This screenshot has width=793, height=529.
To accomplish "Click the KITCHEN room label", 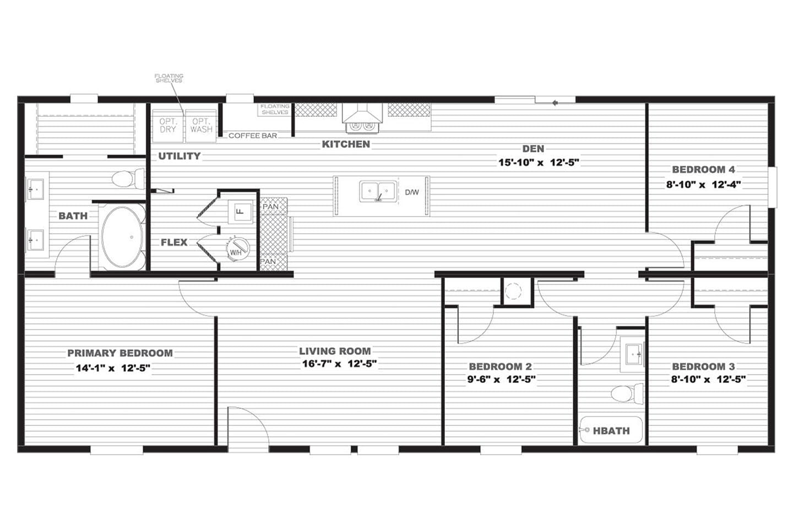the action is [x=346, y=144].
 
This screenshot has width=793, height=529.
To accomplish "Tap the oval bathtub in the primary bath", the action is [x=122, y=237].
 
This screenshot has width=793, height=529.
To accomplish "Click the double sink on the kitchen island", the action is [x=378, y=191].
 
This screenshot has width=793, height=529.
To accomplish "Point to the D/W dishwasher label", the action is [x=412, y=192].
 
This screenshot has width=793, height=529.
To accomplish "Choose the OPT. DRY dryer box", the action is [x=168, y=126].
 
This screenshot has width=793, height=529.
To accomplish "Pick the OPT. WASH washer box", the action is [x=201, y=126].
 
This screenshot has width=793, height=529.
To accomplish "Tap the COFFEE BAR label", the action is [x=253, y=136].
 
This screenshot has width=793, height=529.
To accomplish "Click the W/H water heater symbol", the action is [x=238, y=248].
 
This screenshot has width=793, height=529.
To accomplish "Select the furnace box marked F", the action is [x=240, y=212].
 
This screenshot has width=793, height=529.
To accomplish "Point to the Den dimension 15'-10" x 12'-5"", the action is [x=539, y=163].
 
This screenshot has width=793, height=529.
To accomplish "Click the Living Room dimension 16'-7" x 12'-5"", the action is [x=339, y=364].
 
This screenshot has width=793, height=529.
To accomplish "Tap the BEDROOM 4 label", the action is [x=703, y=170].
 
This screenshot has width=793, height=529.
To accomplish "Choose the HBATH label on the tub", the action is [x=611, y=431].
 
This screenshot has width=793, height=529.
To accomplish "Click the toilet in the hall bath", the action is [x=627, y=393].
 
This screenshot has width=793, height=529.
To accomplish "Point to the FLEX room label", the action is [x=174, y=242].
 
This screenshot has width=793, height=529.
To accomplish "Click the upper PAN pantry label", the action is [x=271, y=207].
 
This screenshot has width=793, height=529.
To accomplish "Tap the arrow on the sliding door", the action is [x=555, y=103].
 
